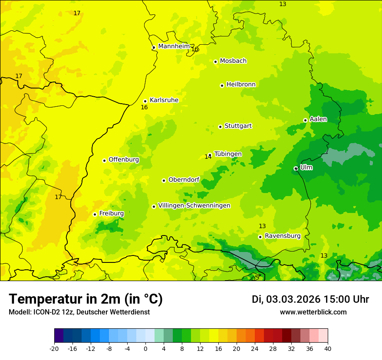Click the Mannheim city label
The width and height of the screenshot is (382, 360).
point(174,46)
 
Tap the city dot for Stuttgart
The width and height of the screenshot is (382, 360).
point(220,127)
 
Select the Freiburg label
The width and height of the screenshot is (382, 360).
point(111,213)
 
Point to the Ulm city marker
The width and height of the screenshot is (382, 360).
point(296,168)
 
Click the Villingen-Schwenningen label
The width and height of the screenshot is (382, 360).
point(194,206)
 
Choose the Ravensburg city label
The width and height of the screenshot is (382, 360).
point(282,236)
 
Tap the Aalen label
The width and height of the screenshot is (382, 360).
point(318,119)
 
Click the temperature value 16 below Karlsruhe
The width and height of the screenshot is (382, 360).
point(144,107)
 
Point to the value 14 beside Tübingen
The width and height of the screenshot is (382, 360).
point(208,157)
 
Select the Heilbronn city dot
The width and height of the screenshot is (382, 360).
point(222,85)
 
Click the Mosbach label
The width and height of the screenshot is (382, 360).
point(233,61)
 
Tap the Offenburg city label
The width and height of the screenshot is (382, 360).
point(124,160)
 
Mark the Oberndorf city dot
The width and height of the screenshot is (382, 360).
point(164,180)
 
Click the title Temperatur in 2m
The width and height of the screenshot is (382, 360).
point(86,299)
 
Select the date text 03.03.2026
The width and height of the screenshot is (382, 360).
point(293,299)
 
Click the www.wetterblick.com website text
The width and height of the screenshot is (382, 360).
point(313,312)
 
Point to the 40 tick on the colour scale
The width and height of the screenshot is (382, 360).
point(327,348)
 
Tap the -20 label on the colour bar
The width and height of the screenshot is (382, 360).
point(54,348)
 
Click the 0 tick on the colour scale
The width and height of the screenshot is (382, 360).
point(145,348)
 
